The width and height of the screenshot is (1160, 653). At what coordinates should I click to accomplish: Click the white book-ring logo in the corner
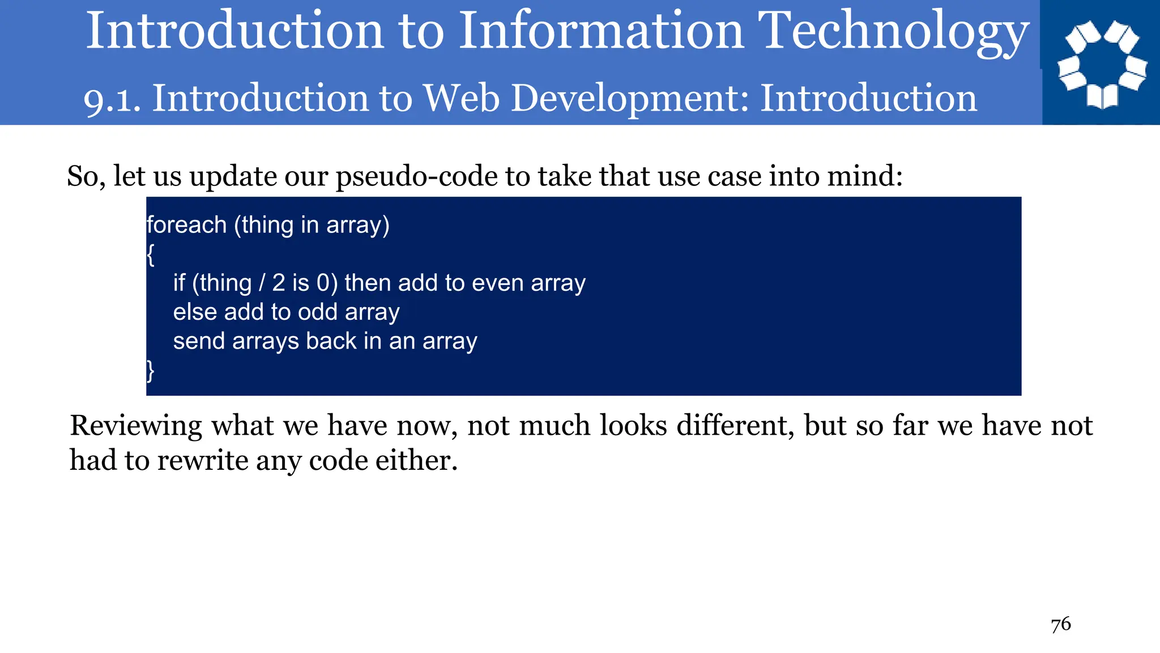1102,63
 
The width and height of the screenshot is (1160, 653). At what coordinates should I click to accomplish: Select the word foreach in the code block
186,225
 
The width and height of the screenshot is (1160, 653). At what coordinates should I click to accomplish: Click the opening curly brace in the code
150,255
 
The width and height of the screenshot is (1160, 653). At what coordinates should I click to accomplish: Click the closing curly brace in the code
150,371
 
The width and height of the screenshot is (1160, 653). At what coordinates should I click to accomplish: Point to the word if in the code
179,283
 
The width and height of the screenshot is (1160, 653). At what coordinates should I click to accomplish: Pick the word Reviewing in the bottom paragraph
136,426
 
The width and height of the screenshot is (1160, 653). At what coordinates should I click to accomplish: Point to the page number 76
1060,625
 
